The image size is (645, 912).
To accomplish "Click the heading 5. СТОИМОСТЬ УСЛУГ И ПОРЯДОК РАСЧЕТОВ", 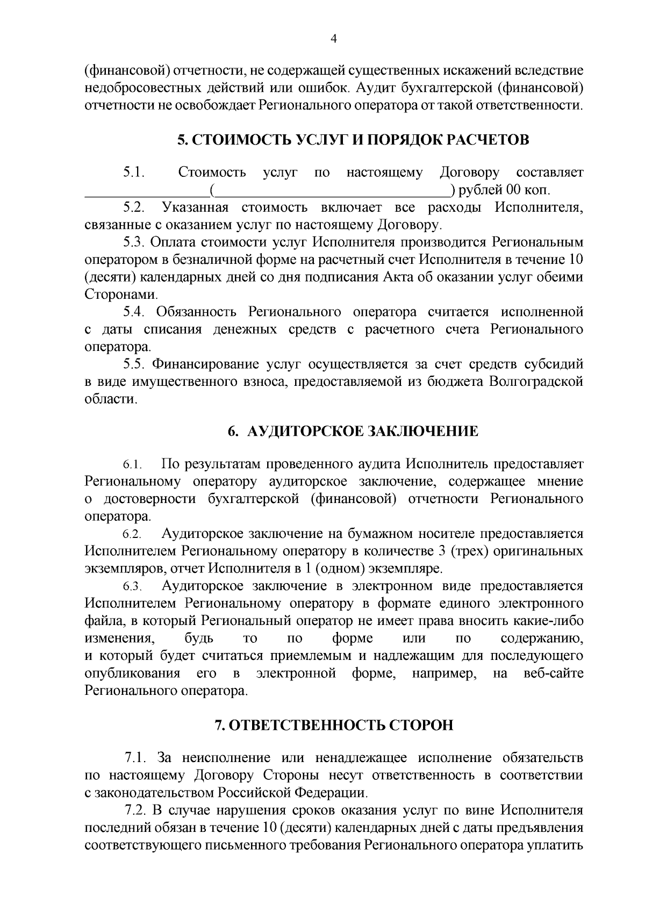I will [x=353, y=140].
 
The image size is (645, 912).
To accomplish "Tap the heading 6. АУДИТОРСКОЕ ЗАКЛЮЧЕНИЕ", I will [x=353, y=432].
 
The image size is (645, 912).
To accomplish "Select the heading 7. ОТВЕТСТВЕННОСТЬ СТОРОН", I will [x=334, y=725].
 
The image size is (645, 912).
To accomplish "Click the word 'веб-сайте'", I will [x=553, y=673].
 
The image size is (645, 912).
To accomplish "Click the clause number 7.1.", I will [x=135, y=758].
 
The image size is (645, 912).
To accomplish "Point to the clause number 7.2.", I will [x=135, y=810].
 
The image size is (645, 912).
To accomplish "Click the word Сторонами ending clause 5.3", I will [x=120, y=295].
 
